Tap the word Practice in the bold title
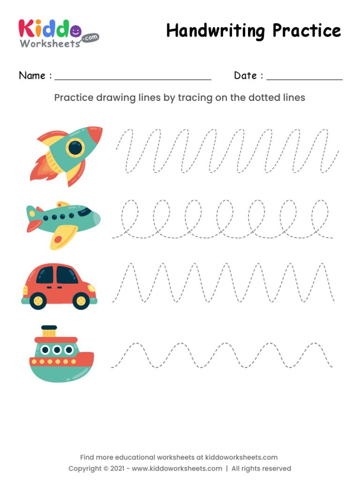[307, 31]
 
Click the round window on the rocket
[74, 148]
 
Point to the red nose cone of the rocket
[95, 134]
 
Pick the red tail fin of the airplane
[33, 226]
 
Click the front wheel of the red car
[81, 300]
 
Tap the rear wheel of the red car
[38, 300]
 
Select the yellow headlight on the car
[91, 288]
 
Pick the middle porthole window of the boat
[57, 350]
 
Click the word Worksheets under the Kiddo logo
[50, 44]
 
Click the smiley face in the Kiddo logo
[75, 31]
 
